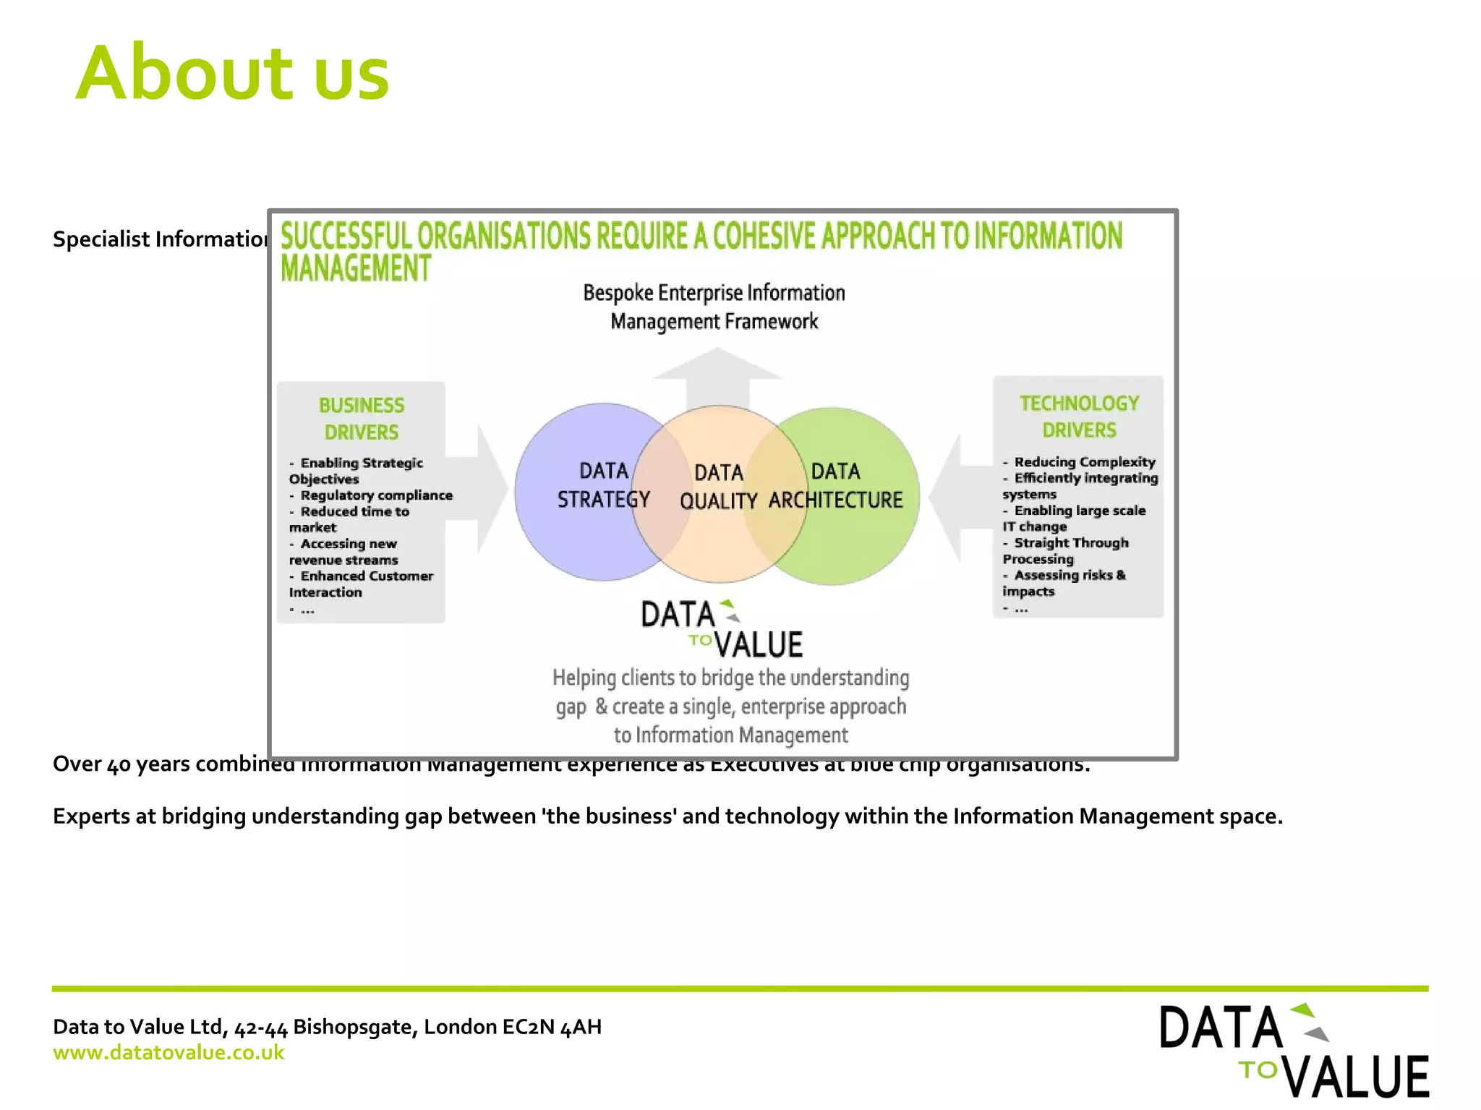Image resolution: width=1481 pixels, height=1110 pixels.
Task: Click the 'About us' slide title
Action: click(232, 74)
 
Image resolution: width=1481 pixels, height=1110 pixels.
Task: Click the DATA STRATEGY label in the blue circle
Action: click(604, 485)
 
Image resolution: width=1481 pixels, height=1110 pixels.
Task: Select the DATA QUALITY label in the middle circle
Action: click(718, 487)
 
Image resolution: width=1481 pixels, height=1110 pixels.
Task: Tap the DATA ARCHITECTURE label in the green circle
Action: click(836, 486)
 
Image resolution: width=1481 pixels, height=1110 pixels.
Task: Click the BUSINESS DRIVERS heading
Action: click(361, 419)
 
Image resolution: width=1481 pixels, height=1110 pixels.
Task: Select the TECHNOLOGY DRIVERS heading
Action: click(1079, 417)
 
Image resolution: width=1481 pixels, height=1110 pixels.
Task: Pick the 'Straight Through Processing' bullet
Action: click(1067, 551)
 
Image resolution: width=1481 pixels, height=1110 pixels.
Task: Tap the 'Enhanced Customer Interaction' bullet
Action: click(362, 584)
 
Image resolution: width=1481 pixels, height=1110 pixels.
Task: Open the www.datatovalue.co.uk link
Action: click(168, 1053)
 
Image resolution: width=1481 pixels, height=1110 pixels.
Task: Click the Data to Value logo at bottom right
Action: click(1294, 1050)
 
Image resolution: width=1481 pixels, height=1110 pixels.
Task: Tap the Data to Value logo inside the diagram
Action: click(722, 630)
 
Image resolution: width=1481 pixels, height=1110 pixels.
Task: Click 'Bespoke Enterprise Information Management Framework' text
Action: click(714, 307)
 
